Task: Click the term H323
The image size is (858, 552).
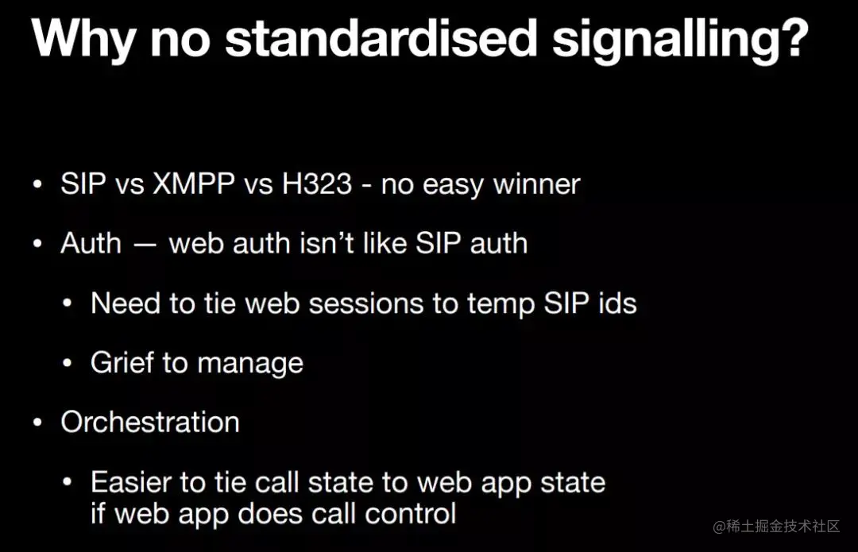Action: click(x=316, y=184)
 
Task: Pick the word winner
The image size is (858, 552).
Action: click(x=536, y=185)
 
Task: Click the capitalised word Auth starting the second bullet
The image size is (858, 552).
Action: click(x=91, y=243)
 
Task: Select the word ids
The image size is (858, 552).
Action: click(x=616, y=303)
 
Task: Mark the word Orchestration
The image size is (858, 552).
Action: click(x=150, y=422)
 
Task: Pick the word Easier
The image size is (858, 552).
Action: click(x=137, y=482)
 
